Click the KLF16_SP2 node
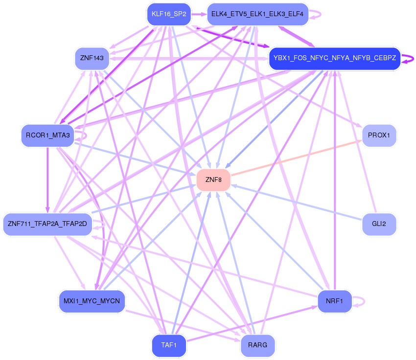pyautogui.click(x=169, y=14)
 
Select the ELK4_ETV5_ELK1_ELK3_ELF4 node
pyautogui.click(x=257, y=14)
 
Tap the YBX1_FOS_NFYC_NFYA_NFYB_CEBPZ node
pyautogui.click(x=335, y=58)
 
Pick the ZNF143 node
pyautogui.click(x=92, y=58)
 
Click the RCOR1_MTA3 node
pyautogui.click(x=47, y=135)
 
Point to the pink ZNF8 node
pyautogui.click(x=213, y=180)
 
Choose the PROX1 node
pyautogui.click(x=379, y=135)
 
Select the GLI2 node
pyautogui.click(x=379, y=224)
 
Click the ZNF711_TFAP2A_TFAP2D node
pyautogui.click(x=47, y=224)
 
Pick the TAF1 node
pyautogui.click(x=169, y=346)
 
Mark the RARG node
pyautogui.click(x=257, y=346)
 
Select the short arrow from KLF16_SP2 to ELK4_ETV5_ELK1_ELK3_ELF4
pyautogui.click(x=198, y=14)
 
